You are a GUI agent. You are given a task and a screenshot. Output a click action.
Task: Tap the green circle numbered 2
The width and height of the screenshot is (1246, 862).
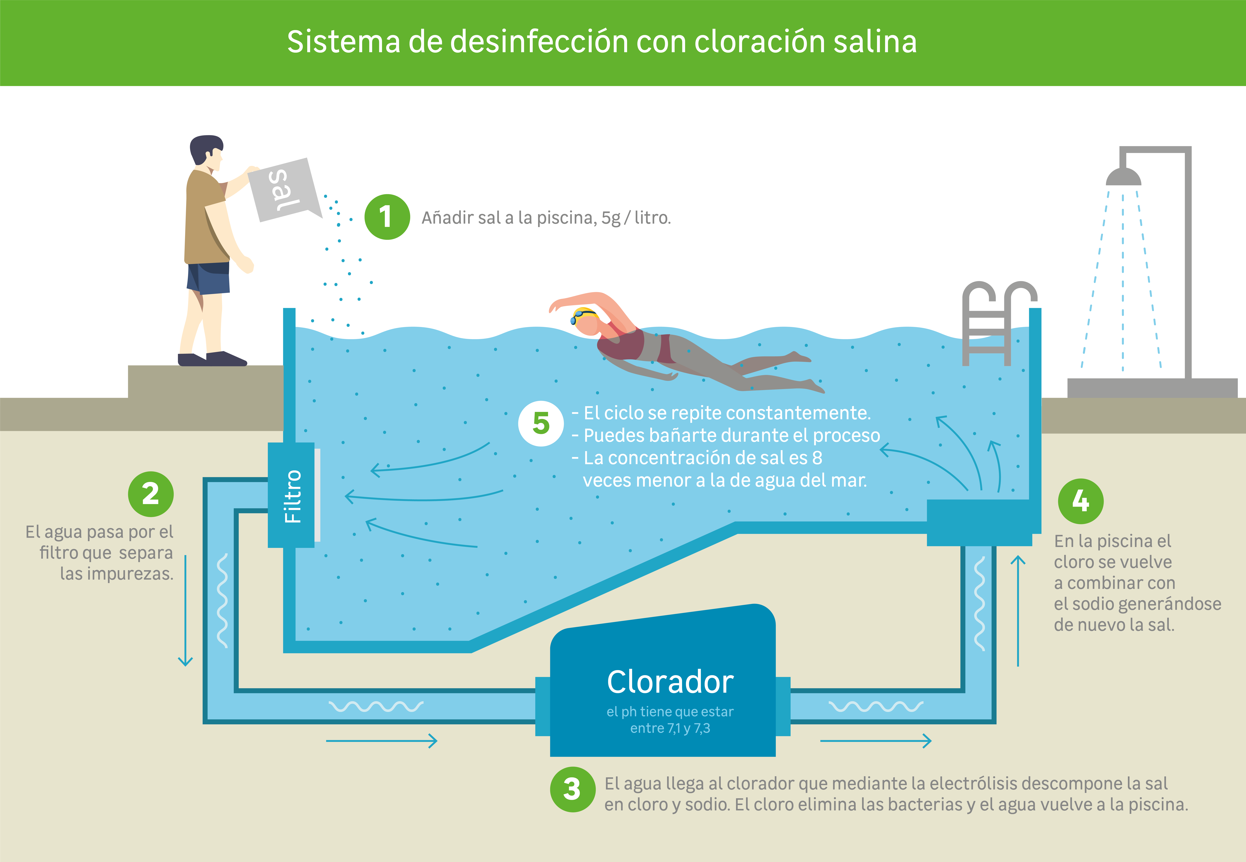(x=151, y=494)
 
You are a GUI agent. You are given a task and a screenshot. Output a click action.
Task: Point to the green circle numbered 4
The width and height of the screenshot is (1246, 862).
(x=1081, y=501)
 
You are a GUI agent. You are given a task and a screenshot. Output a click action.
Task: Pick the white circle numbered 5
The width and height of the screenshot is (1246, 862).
(x=541, y=423)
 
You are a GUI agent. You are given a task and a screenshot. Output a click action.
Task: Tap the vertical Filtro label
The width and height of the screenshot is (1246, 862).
(x=293, y=496)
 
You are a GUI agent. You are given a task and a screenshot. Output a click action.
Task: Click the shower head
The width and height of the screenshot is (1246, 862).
(x=1123, y=177)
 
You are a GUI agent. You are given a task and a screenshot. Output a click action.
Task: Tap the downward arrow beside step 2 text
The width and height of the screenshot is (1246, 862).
(x=185, y=610)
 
